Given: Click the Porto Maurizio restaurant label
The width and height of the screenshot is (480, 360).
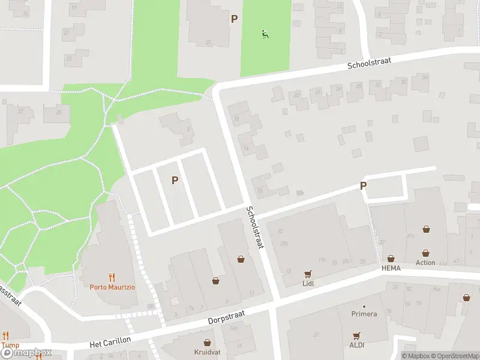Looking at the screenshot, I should click(112, 287).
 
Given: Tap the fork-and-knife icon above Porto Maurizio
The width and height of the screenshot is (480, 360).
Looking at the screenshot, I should click(112, 277).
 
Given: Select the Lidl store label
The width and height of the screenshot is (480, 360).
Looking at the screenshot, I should click(309, 283).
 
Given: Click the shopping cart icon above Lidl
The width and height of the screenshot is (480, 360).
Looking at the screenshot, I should click(308, 274).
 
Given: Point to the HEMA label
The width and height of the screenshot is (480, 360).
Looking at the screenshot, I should click(391, 268).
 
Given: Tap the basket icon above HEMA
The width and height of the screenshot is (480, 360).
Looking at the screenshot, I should click(391, 259).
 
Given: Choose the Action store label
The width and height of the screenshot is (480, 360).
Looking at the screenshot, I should click(425, 263).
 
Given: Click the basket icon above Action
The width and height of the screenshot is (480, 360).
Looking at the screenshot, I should click(425, 253).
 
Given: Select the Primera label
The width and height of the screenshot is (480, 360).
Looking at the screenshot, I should click(364, 314).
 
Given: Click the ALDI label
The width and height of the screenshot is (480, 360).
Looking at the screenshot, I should click(357, 345).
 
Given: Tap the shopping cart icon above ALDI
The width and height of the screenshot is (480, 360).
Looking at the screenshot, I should click(357, 335).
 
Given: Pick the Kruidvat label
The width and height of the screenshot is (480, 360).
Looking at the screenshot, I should click(207, 352).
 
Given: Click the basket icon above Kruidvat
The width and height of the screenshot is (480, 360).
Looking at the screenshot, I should click(207, 342).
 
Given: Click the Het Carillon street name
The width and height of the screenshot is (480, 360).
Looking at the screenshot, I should click(110, 342).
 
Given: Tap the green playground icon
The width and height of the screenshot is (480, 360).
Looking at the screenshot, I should click(265, 34).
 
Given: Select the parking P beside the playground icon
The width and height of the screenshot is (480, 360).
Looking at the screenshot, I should click(235, 19).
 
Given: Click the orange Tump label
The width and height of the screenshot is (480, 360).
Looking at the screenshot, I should click(10, 345).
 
